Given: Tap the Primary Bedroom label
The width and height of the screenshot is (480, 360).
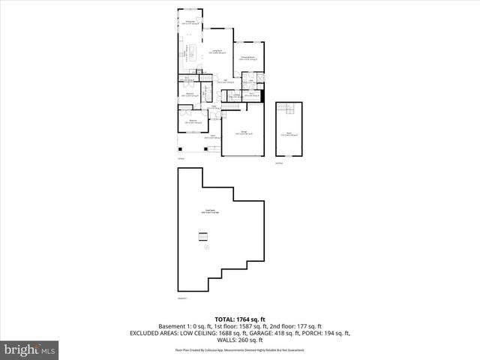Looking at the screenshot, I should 248,58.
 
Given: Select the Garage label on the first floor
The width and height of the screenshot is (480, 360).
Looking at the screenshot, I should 242,132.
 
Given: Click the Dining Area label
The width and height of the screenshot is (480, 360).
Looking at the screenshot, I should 190,23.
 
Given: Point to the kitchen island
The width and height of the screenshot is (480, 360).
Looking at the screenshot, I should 192,52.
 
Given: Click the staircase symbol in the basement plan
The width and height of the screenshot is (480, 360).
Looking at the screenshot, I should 202,238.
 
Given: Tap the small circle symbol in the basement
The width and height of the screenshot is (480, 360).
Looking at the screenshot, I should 208,247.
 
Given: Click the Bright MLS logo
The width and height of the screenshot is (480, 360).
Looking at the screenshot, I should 30,349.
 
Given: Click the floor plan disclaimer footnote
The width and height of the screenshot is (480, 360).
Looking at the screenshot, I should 239,350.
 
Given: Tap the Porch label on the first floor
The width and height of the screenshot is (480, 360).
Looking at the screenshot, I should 212,137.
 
